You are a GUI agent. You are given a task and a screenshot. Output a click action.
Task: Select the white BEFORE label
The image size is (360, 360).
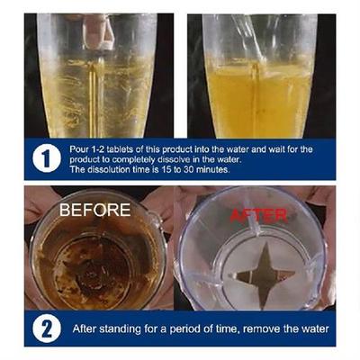click(x=95, y=210)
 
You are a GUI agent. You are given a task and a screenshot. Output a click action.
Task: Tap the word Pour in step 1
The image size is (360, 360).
click(x=79, y=145)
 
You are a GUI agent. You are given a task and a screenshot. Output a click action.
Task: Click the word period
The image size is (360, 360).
click(x=179, y=328)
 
